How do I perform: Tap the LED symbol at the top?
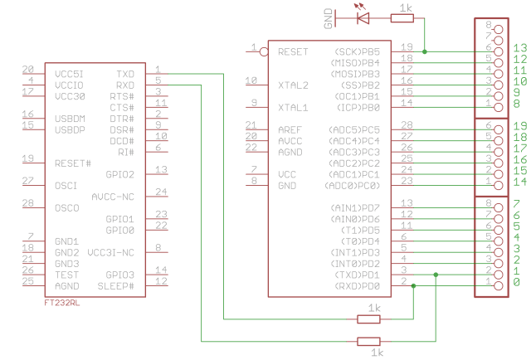[362, 15]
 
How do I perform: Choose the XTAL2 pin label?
[293, 85]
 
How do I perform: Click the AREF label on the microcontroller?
[290, 130]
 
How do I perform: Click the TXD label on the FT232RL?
[125, 74]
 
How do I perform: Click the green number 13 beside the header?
[520, 48]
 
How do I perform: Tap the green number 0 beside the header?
[517, 283]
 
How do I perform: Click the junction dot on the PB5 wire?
[425, 51]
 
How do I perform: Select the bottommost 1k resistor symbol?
[368, 341]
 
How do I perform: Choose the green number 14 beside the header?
[520, 181]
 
